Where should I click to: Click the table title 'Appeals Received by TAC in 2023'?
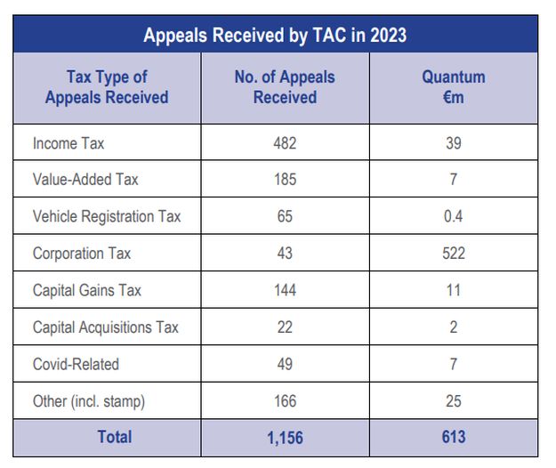point(276,36)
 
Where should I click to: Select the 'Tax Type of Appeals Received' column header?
point(107,87)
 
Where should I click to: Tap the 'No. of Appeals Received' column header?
point(285,87)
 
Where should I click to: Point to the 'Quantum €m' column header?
point(454,87)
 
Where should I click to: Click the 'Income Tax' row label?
point(68,142)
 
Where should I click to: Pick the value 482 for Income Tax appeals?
point(285,142)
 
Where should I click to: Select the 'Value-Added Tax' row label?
point(85,180)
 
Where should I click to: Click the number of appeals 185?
point(285,180)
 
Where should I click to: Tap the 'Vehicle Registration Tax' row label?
point(107,216)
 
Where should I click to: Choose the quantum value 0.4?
point(454,216)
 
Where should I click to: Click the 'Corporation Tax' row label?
point(82,254)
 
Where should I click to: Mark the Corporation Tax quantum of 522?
point(454,254)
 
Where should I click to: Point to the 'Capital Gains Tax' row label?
point(87,290)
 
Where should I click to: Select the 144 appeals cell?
point(285,290)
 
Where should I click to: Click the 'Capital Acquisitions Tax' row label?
point(106,327)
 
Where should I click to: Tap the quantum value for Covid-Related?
point(454,364)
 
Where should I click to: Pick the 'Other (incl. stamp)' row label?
point(89,401)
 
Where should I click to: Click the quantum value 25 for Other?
point(454,401)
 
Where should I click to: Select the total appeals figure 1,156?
point(285,437)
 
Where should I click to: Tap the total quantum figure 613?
point(454,437)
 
